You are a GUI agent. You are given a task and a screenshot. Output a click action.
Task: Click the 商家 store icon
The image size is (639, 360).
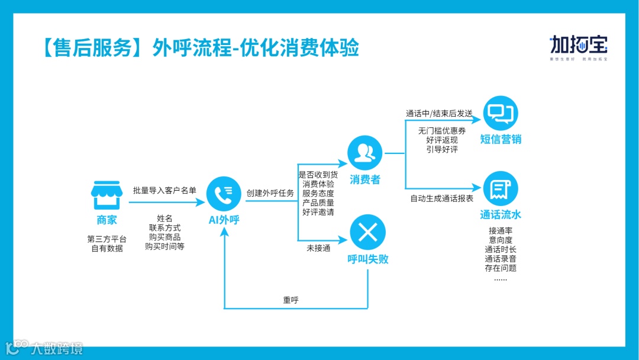click(x=106, y=195)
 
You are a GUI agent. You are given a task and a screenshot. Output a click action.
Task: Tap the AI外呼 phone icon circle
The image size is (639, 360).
click(x=224, y=194)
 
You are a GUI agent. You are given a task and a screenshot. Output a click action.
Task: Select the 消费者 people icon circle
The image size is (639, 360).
click(x=365, y=153)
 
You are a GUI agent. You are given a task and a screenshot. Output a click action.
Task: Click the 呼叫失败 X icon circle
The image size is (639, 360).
click(x=367, y=232)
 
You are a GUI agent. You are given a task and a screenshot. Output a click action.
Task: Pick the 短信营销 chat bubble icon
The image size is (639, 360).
click(x=501, y=113)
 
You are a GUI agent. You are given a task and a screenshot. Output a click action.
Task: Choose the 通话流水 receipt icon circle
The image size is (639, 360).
click(x=501, y=189)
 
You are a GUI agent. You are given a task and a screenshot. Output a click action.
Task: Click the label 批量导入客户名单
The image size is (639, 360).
click(x=164, y=190)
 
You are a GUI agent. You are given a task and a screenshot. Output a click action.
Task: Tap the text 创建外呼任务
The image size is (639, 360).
click(x=270, y=193)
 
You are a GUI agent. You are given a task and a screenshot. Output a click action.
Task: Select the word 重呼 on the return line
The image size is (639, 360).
click(x=291, y=300)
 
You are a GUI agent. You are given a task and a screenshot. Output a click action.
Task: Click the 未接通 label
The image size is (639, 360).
click(x=318, y=249)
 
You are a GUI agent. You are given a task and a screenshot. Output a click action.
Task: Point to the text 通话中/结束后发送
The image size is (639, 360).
click(x=439, y=113)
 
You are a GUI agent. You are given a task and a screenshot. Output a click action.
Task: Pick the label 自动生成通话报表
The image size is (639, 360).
click(x=442, y=198)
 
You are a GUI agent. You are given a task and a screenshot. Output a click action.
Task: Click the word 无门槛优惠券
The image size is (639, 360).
click(x=441, y=131)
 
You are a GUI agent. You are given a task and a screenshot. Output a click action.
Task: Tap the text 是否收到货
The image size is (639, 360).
click(x=318, y=175)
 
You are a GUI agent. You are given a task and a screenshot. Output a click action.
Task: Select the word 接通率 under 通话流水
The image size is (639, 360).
click(x=501, y=230)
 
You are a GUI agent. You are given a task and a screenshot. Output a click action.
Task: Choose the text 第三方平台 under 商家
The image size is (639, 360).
click(x=106, y=239)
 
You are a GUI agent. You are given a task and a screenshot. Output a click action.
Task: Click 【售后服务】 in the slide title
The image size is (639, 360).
click(x=88, y=48)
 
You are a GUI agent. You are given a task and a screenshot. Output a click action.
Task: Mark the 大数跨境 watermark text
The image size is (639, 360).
click(x=57, y=348)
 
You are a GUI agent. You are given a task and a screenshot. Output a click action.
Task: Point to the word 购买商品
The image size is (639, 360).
click(x=164, y=237)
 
